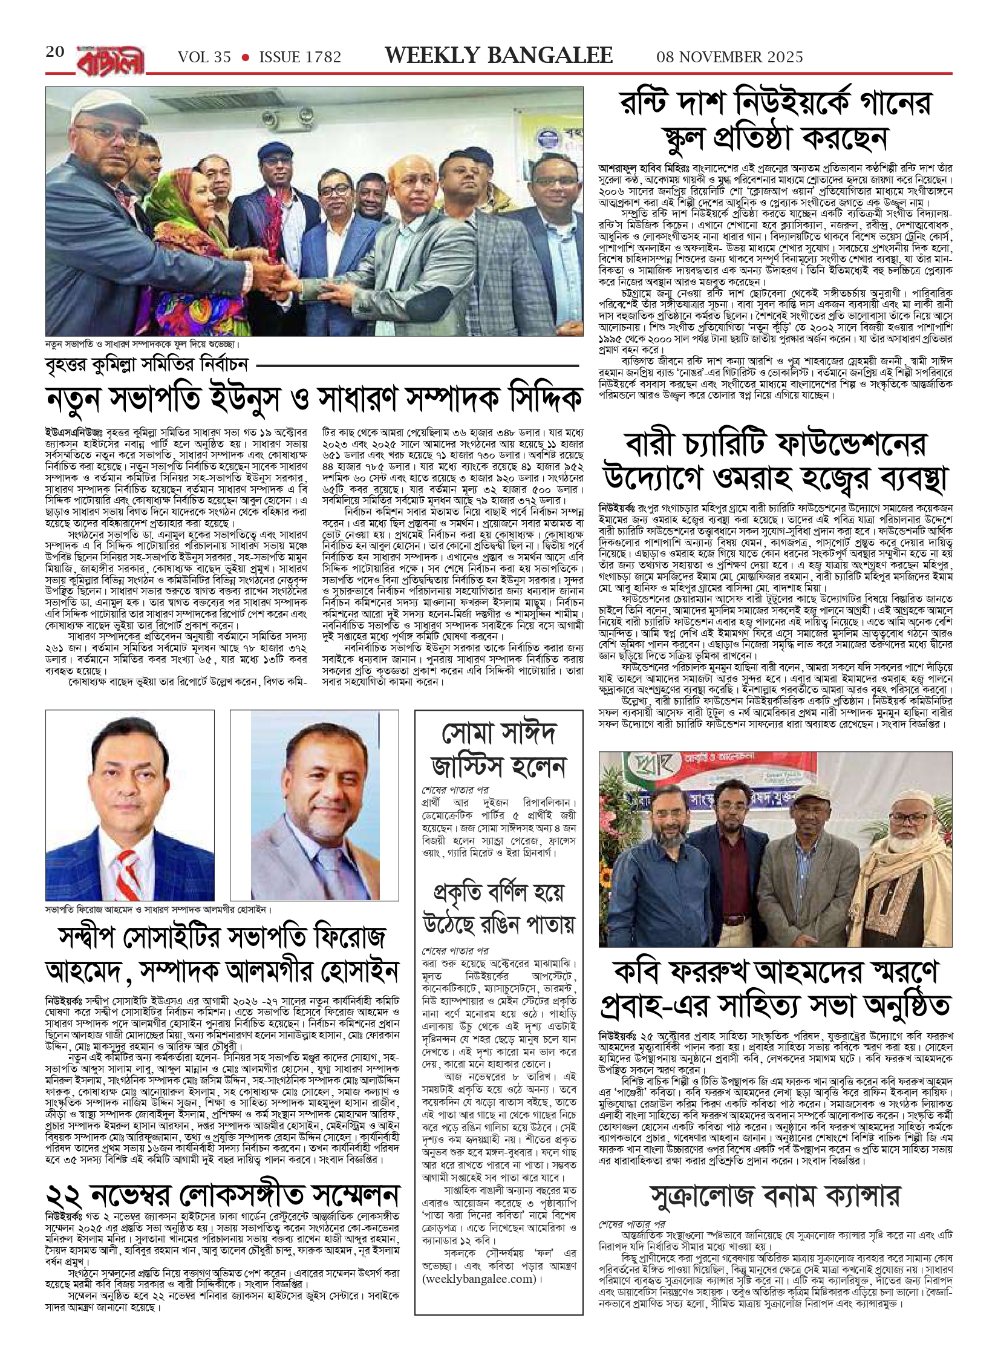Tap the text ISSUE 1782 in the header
[x=300, y=57]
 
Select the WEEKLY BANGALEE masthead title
[x=499, y=56]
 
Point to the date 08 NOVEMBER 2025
[x=730, y=57]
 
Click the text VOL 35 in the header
[x=204, y=57]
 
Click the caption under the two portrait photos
[x=159, y=909]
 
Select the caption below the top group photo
[x=142, y=344]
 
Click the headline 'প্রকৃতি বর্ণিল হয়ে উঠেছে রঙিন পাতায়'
[x=498, y=907]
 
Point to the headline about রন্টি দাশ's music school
[x=775, y=120]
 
